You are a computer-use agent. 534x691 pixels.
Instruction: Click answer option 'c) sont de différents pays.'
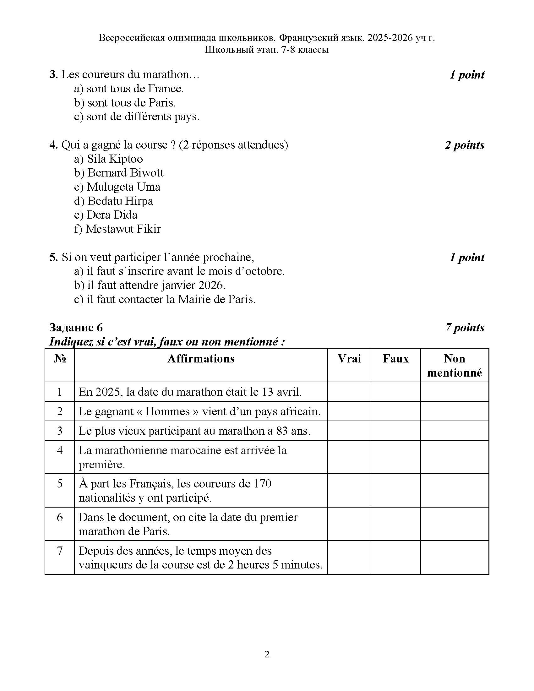(137, 117)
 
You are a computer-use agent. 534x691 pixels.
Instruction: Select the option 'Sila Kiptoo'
(108, 159)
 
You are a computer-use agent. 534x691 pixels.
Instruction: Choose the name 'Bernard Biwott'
(119, 173)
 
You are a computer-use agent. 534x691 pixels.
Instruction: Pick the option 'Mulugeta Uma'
(117, 187)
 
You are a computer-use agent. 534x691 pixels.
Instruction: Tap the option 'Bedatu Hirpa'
(114, 201)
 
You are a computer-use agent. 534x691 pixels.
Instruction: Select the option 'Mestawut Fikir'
(117, 229)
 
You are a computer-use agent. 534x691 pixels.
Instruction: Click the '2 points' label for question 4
(464, 145)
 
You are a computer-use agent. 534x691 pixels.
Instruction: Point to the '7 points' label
(464, 328)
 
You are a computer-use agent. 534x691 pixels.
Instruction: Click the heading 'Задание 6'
(76, 328)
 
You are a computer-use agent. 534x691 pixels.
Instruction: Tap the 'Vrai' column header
(349, 359)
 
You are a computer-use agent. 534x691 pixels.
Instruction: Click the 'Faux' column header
(395, 359)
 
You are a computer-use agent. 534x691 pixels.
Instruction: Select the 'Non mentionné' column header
(454, 365)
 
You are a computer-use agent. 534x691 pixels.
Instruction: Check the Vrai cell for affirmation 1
(349, 392)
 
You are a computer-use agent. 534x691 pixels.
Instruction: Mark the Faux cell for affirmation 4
(395, 457)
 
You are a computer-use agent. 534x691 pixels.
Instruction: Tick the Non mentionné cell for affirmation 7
(454, 558)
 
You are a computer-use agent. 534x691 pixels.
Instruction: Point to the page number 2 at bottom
(267, 654)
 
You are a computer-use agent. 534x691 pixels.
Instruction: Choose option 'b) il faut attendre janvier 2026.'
(150, 286)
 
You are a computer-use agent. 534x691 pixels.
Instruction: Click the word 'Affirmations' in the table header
(201, 359)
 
